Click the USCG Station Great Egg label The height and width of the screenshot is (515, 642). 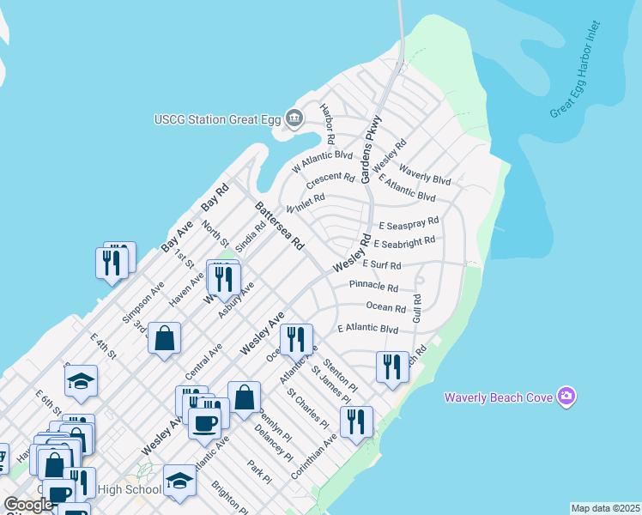tap(217, 118)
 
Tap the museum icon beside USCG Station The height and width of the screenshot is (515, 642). tap(294, 118)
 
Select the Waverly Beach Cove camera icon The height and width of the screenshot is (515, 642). tap(566, 397)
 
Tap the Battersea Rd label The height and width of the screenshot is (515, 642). tap(279, 226)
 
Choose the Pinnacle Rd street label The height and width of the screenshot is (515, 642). tap(374, 288)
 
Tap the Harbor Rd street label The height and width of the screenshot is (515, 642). tap(327, 124)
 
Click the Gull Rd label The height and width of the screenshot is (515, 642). tap(417, 310)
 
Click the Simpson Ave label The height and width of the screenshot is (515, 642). tap(142, 303)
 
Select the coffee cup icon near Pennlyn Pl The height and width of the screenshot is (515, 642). tap(205, 422)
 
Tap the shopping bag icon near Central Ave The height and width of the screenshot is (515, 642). tap(164, 337)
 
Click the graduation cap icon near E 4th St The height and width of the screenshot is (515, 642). tap(81, 381)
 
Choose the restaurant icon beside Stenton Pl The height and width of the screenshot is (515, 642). tap(392, 367)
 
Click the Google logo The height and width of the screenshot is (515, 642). tap(27, 505)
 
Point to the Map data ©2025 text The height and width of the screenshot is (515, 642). tap(605, 508)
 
